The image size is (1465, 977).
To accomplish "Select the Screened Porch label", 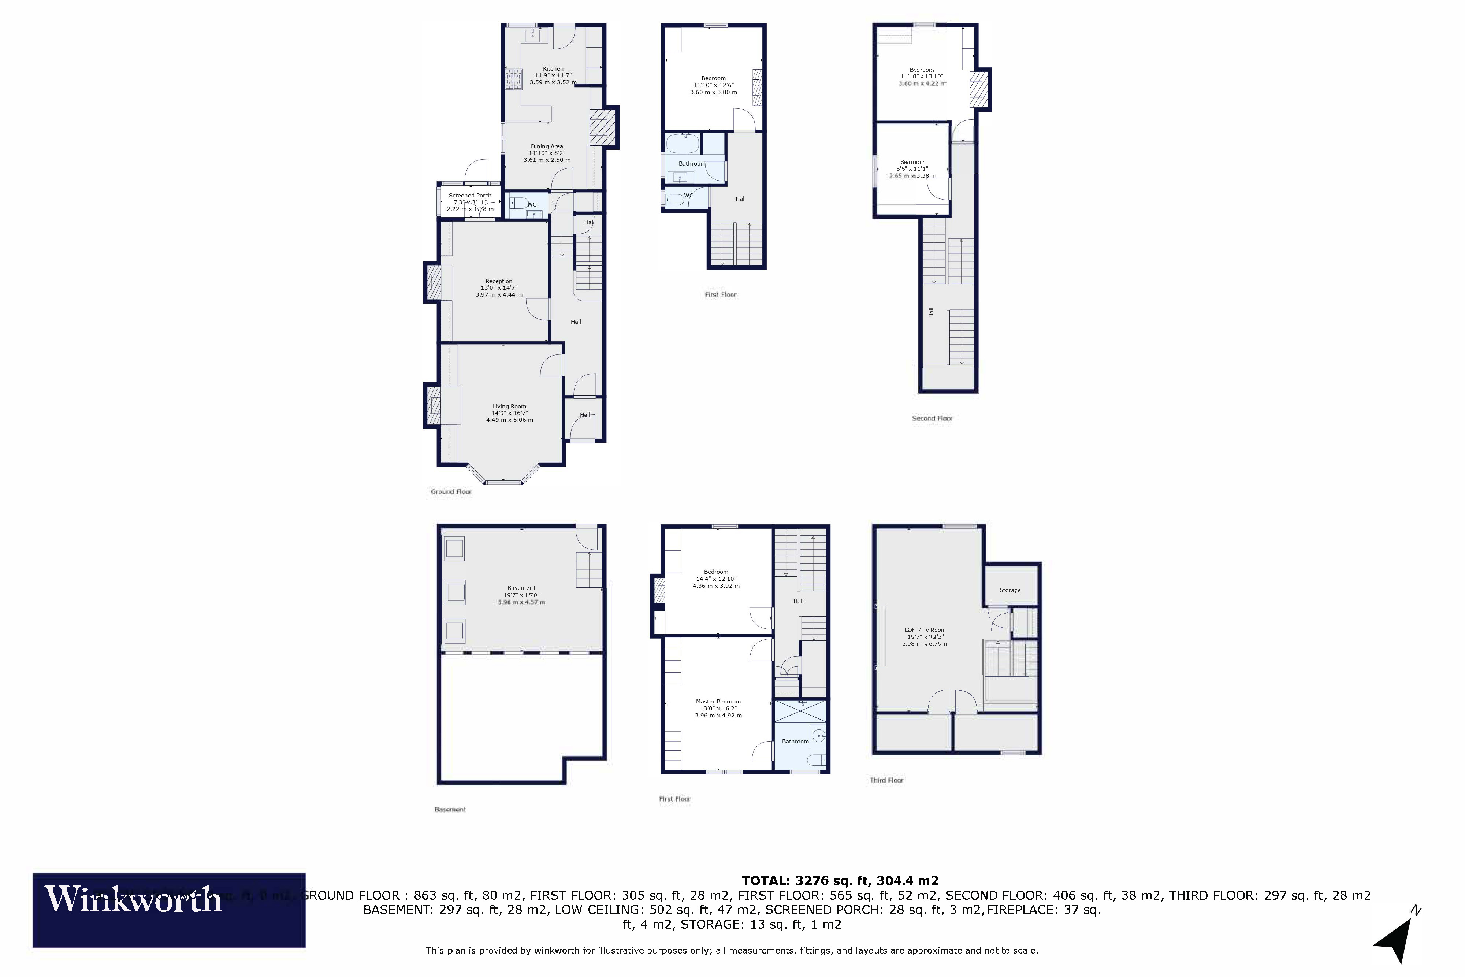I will click(x=470, y=196).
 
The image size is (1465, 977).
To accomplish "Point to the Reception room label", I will click(x=499, y=281).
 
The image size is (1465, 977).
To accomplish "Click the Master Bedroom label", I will click(x=718, y=702).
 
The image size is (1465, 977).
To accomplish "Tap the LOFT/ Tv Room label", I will click(x=925, y=630).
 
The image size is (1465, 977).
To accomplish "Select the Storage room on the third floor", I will click(x=1009, y=590).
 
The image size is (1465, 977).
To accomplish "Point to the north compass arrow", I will click(x=1395, y=939).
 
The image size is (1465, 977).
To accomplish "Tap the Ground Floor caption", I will click(x=451, y=492).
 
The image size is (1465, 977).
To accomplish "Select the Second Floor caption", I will click(x=932, y=418).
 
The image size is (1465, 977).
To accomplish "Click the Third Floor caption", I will click(x=886, y=780).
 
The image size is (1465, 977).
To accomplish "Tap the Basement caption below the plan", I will click(x=450, y=809).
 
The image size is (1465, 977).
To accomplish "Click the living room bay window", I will click(x=503, y=482).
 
